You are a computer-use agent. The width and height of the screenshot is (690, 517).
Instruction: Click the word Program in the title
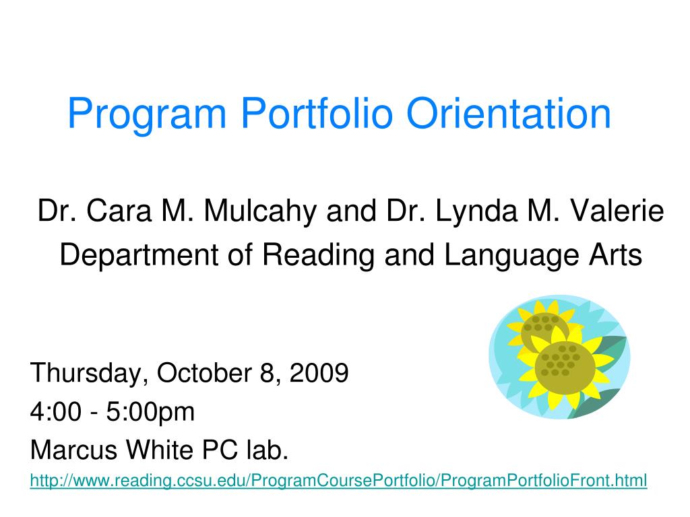(x=147, y=114)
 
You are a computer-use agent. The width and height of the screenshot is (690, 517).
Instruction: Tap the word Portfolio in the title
(x=317, y=113)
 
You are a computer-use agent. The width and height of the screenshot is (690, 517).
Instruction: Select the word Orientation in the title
(x=509, y=113)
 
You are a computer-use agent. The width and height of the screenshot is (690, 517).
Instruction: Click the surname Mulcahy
(x=260, y=211)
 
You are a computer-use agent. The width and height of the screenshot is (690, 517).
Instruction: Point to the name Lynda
(x=476, y=211)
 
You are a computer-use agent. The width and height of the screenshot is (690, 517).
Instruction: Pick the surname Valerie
(x=617, y=211)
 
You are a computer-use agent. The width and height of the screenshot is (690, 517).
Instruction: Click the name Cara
(x=119, y=211)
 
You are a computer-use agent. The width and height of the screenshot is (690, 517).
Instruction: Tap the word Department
(x=139, y=255)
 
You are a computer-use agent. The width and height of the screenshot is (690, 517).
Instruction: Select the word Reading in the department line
(x=318, y=255)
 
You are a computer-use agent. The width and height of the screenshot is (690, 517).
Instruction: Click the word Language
(x=510, y=255)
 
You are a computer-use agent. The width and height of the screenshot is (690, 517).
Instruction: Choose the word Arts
(x=616, y=254)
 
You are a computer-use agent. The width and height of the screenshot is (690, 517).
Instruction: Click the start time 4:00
(x=56, y=412)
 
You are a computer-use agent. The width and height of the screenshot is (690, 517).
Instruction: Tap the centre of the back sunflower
(x=540, y=326)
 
